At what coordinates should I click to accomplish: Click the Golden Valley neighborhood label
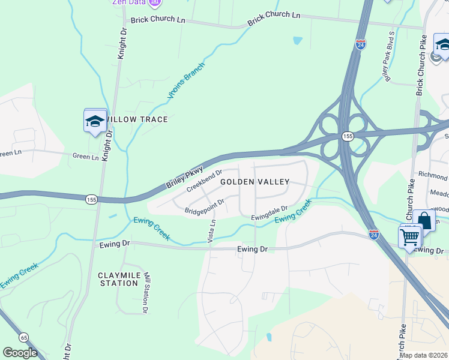pos(255,181)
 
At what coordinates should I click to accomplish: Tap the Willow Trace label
pos(137,119)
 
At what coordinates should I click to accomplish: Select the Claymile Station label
pos(118,279)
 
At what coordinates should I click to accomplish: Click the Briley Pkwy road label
pos(185,178)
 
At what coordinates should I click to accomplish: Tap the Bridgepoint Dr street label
pos(204,207)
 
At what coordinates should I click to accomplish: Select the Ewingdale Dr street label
pos(270,213)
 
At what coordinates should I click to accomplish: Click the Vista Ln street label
pos(211,231)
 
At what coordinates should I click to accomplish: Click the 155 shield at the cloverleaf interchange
pos(348,137)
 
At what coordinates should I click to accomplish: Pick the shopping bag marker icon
pos(424,220)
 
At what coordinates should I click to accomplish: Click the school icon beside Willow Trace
pos(95,121)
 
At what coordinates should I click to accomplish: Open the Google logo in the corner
pos(20,353)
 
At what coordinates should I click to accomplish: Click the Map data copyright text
pos(424,355)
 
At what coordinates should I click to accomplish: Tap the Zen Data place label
pos(130,2)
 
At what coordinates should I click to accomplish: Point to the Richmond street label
pos(433,176)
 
